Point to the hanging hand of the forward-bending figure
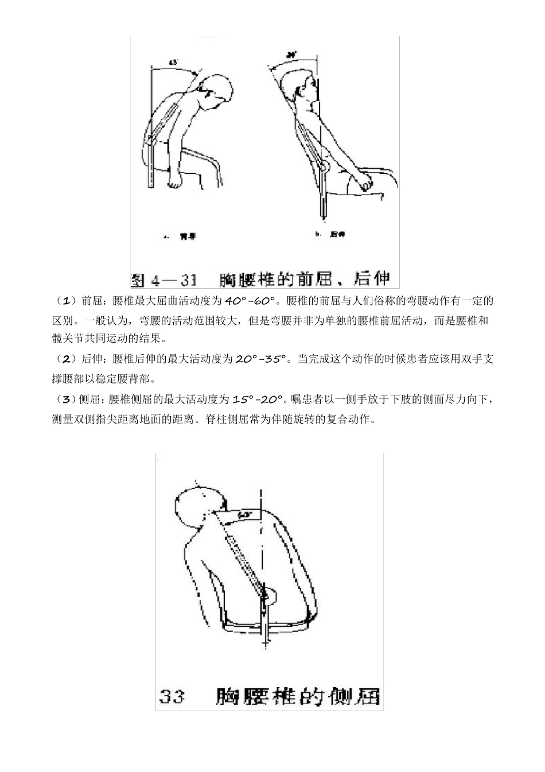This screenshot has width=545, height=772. pos(175,183)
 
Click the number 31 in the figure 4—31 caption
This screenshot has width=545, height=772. pos(188,280)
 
